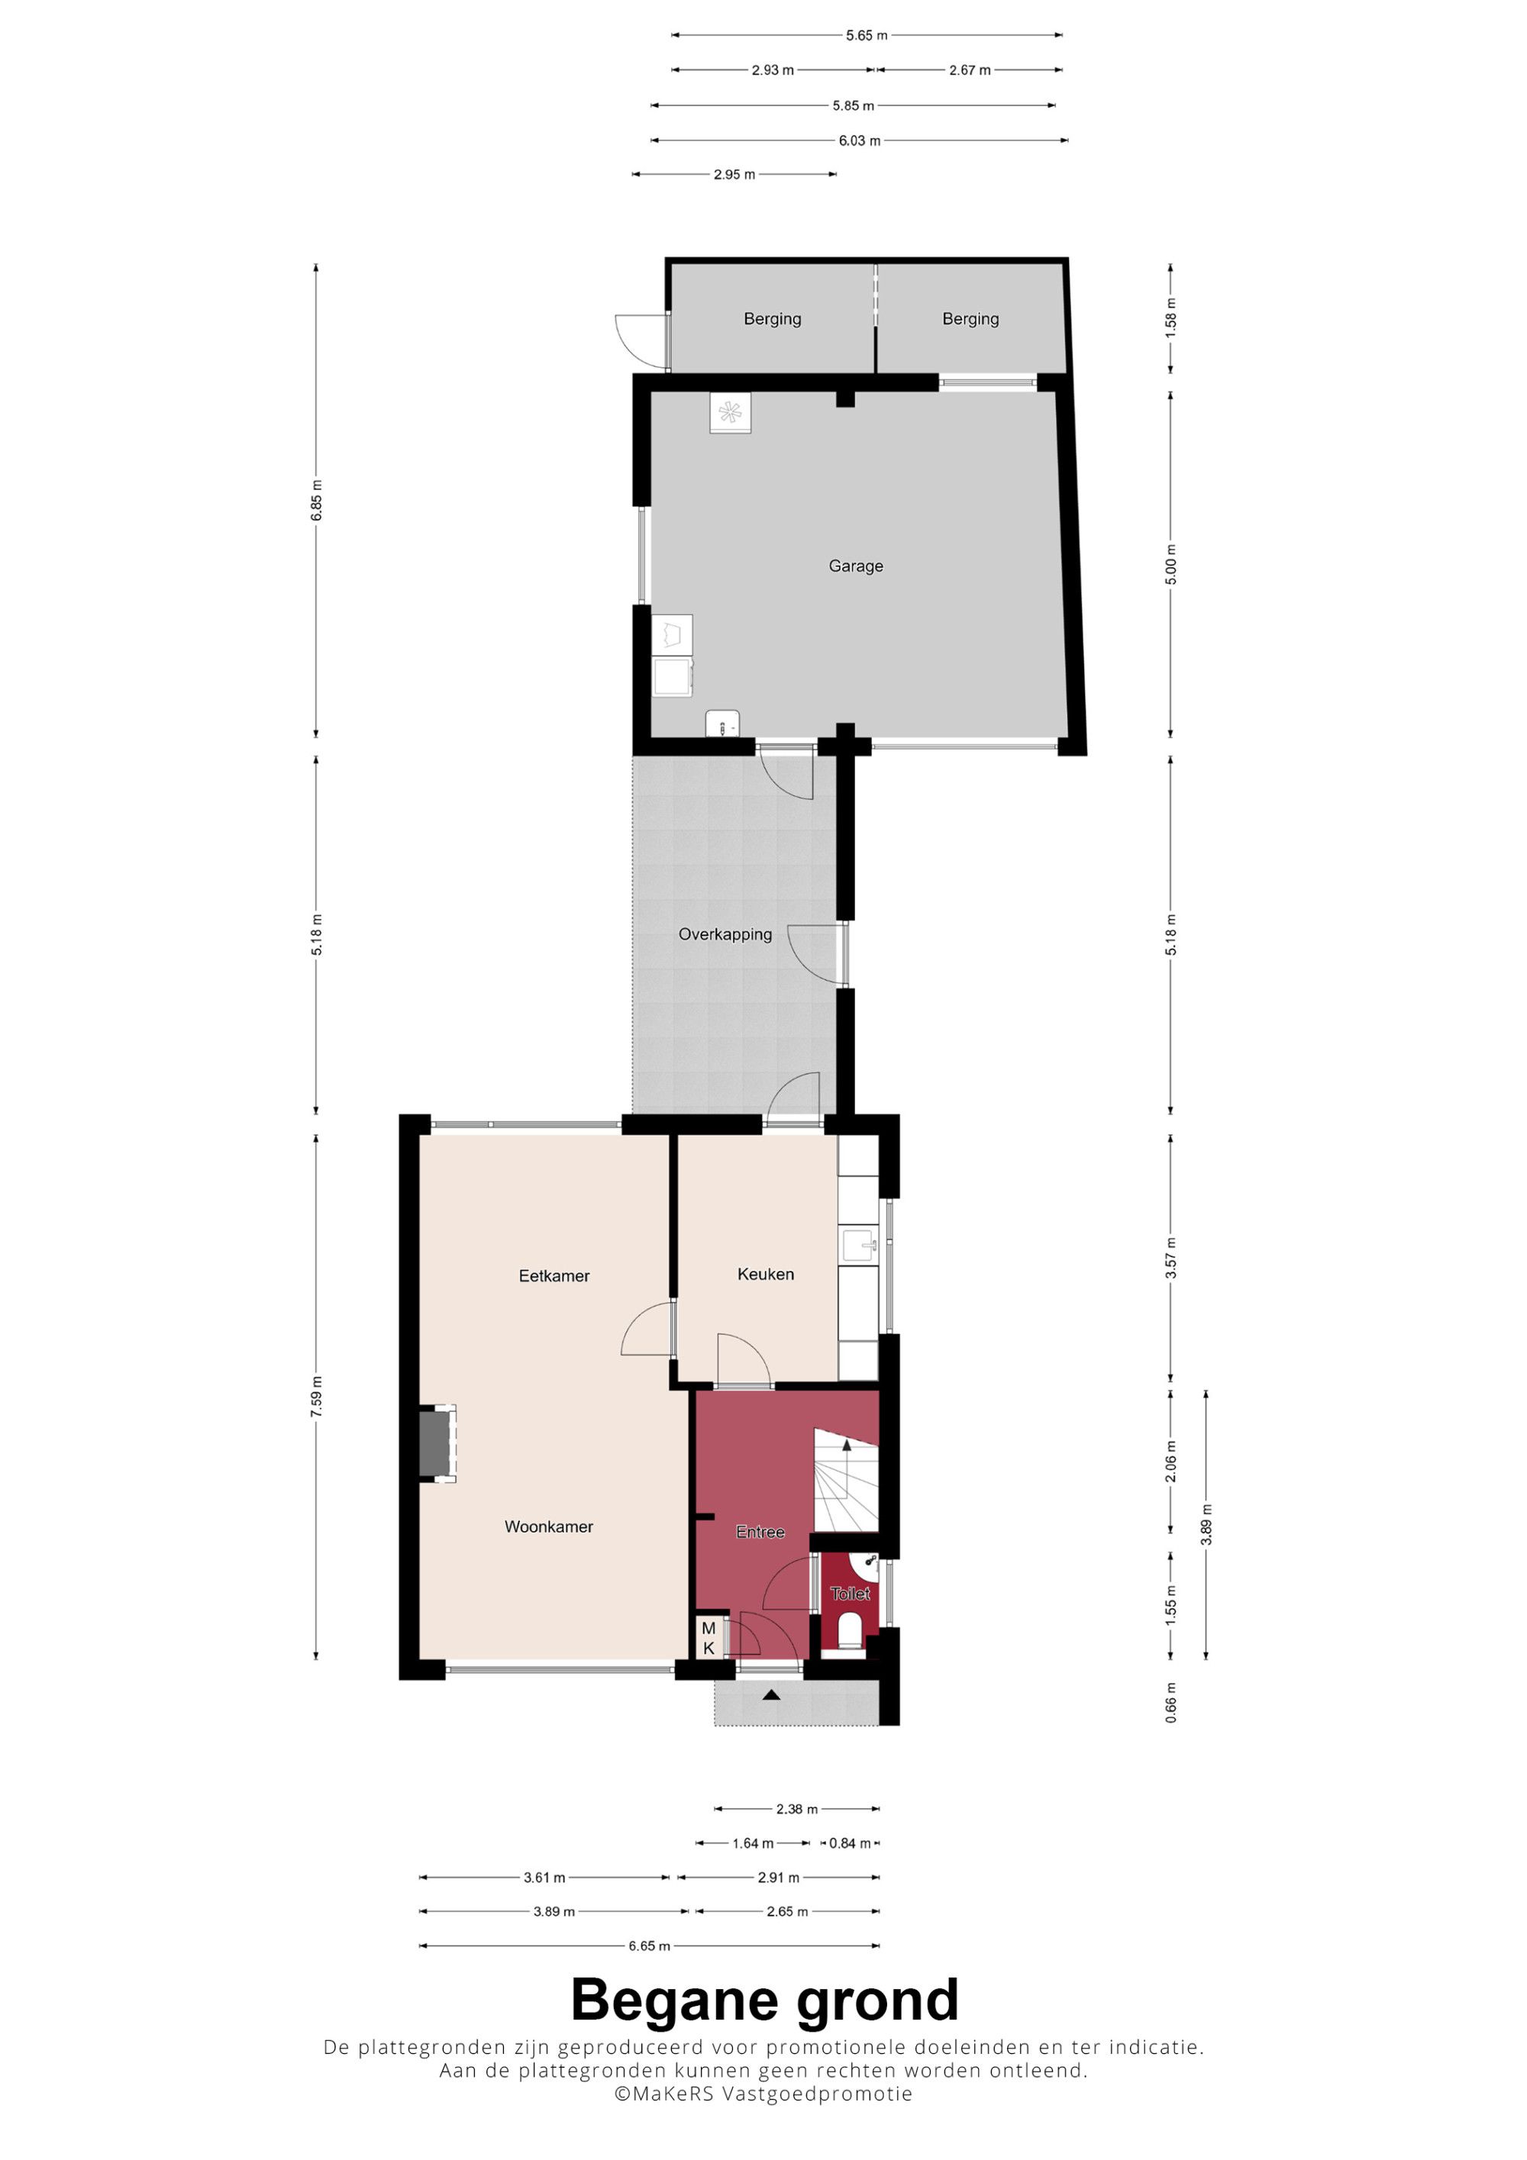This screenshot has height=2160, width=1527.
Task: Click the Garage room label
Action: click(855, 566)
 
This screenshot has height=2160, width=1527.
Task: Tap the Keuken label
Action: click(765, 1274)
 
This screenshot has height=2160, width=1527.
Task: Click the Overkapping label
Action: click(725, 934)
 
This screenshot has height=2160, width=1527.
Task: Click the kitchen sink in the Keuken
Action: click(859, 1246)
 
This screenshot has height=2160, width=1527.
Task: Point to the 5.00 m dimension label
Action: click(1171, 565)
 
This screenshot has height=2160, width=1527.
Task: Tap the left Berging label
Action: click(773, 319)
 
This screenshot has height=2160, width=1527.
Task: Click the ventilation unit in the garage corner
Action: click(730, 412)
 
